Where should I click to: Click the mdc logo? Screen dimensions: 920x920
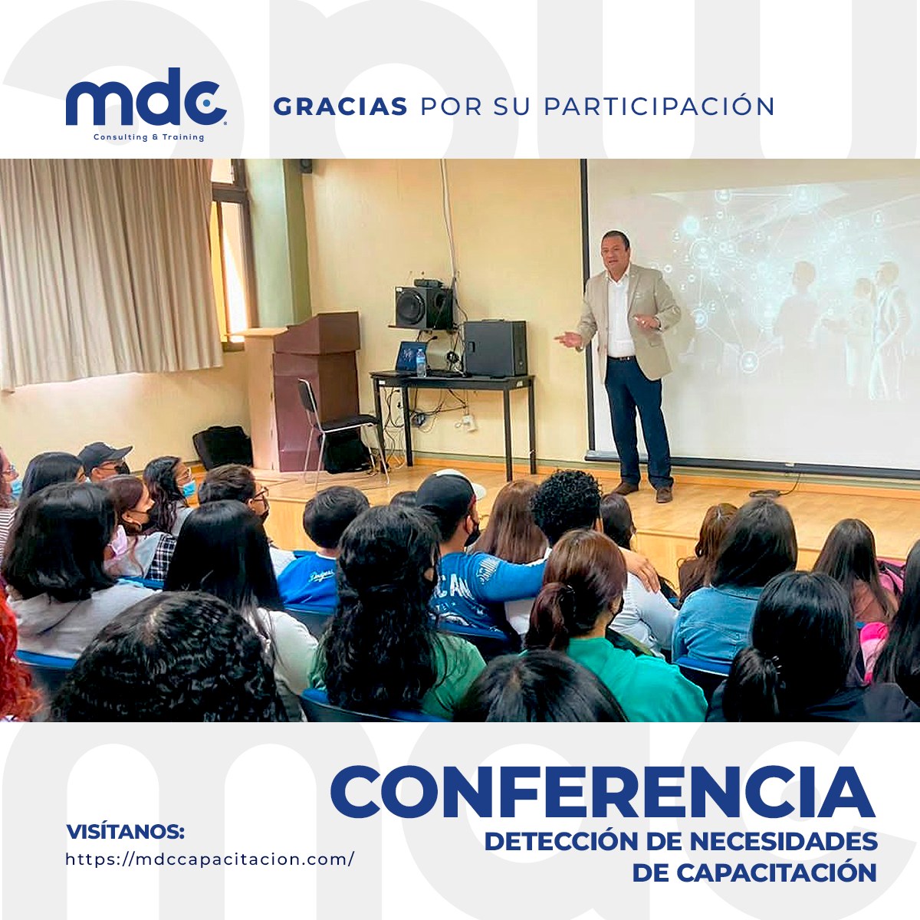(146, 104)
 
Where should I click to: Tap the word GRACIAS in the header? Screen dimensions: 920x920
(340, 107)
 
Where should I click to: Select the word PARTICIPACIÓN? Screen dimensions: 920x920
(659, 105)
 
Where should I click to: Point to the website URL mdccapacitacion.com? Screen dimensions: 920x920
(209, 859)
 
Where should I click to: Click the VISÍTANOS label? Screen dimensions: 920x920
(125, 832)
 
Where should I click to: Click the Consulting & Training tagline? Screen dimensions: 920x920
(149, 137)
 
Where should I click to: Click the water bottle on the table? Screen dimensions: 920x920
(421, 362)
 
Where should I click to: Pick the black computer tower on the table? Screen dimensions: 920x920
(495, 348)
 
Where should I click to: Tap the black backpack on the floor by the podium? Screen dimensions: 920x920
(223, 446)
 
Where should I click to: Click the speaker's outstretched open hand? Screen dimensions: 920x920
(569, 339)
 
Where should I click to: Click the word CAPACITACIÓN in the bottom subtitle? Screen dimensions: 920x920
(777, 872)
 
